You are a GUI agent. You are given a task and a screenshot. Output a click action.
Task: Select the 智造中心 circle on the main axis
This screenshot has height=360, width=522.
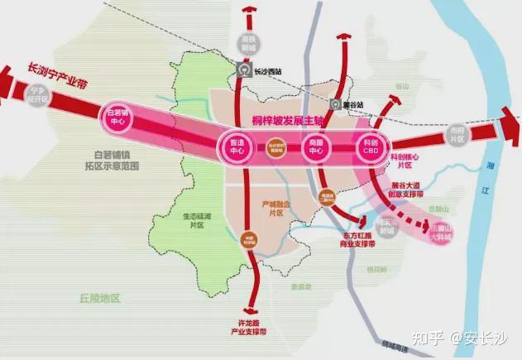pos(236,146)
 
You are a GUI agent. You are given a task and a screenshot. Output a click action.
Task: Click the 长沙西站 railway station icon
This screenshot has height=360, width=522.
pos(243,70)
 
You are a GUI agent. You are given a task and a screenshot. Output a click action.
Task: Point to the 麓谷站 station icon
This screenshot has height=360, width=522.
pos(335,105)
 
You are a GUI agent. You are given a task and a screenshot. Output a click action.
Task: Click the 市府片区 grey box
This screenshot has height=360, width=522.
pos(456,134)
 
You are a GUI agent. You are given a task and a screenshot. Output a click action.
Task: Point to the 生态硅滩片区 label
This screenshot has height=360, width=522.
pos(197,220)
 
